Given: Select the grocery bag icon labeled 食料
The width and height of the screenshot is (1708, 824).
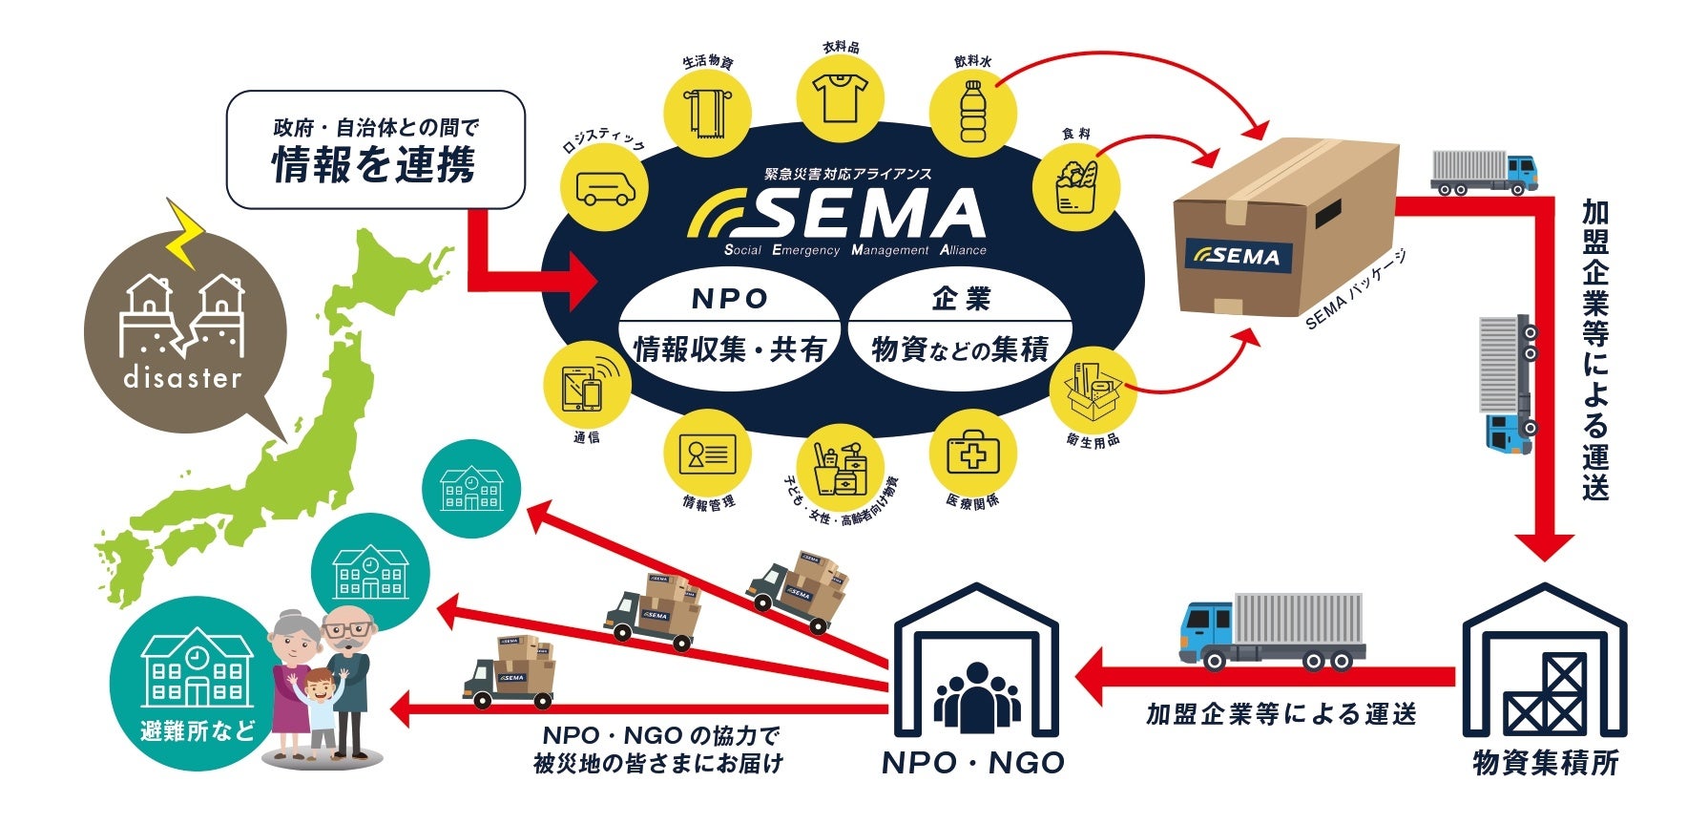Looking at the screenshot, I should (x=1075, y=185).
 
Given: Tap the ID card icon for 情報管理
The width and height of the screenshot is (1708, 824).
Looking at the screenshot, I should (x=707, y=454).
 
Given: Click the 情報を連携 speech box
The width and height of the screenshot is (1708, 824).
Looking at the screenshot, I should (x=375, y=150).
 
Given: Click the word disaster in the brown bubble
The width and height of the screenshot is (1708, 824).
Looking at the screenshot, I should (x=183, y=378).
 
